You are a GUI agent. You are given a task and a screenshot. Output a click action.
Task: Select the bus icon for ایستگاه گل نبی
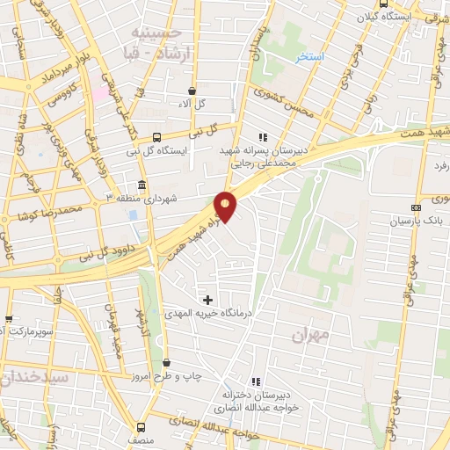pyautogui.click(x=156, y=137)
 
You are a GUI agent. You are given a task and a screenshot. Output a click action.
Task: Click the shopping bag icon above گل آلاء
pyautogui.click(x=192, y=91)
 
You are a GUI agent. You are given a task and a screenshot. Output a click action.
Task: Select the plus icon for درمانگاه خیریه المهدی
pyautogui.click(x=208, y=300)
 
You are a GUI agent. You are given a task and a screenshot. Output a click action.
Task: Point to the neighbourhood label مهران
pyautogui.click(x=310, y=335)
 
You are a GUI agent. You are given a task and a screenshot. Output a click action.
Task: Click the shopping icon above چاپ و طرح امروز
pyautogui.click(x=168, y=362)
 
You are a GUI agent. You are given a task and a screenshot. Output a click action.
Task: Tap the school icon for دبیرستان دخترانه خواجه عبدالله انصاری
pyautogui.click(x=255, y=381)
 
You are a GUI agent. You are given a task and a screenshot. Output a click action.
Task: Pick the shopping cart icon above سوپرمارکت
pyautogui.click(x=9, y=318)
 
